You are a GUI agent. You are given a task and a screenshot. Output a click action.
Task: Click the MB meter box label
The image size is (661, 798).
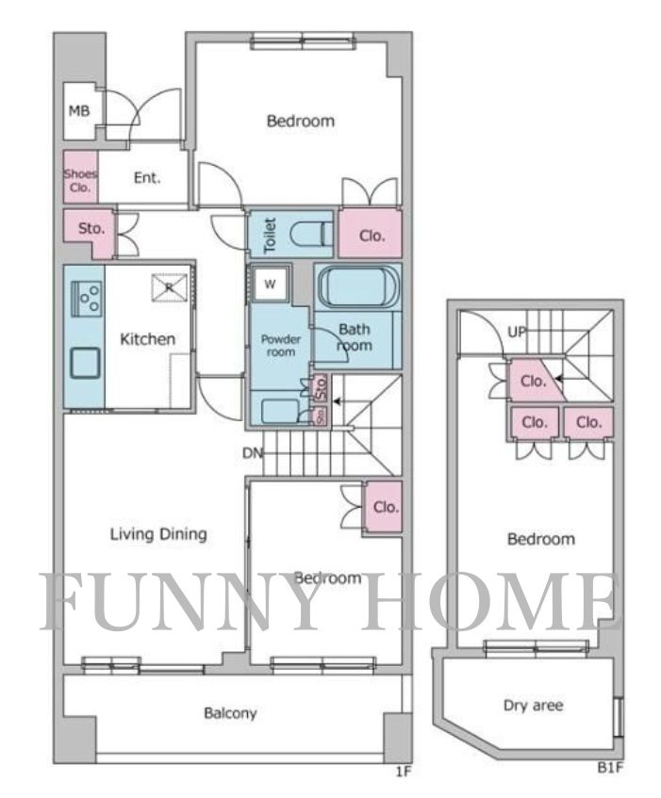79,110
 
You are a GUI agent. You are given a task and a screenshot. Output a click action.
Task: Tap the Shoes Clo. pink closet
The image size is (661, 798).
80,176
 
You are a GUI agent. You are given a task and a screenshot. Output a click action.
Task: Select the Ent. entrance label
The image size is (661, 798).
147,178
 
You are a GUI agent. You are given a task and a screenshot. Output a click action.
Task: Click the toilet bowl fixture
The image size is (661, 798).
311,235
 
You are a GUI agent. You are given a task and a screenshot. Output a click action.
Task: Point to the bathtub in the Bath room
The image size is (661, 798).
358,286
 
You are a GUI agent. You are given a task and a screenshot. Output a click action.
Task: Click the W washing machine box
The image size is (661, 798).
270,284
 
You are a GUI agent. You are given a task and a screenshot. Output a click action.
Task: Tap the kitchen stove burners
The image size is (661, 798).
87,299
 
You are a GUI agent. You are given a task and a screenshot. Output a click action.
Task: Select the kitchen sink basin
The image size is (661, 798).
85,363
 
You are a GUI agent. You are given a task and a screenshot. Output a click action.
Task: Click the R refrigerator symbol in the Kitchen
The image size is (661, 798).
170,287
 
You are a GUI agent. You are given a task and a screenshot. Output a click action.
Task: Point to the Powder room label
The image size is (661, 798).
281,345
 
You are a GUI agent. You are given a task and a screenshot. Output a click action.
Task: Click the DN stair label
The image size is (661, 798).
252,452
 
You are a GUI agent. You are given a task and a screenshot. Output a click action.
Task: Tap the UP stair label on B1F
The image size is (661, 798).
517,333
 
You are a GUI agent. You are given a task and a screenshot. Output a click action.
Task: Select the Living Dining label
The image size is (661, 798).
158,534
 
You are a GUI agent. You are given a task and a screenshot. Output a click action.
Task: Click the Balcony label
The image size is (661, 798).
230,713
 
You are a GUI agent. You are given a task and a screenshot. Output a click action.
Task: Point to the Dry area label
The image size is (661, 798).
533,706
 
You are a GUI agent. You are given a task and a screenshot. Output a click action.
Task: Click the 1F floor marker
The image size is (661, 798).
403,772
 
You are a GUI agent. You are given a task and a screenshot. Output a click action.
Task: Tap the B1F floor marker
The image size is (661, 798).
610,768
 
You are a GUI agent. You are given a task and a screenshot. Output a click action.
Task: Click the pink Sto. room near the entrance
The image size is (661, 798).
90,232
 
